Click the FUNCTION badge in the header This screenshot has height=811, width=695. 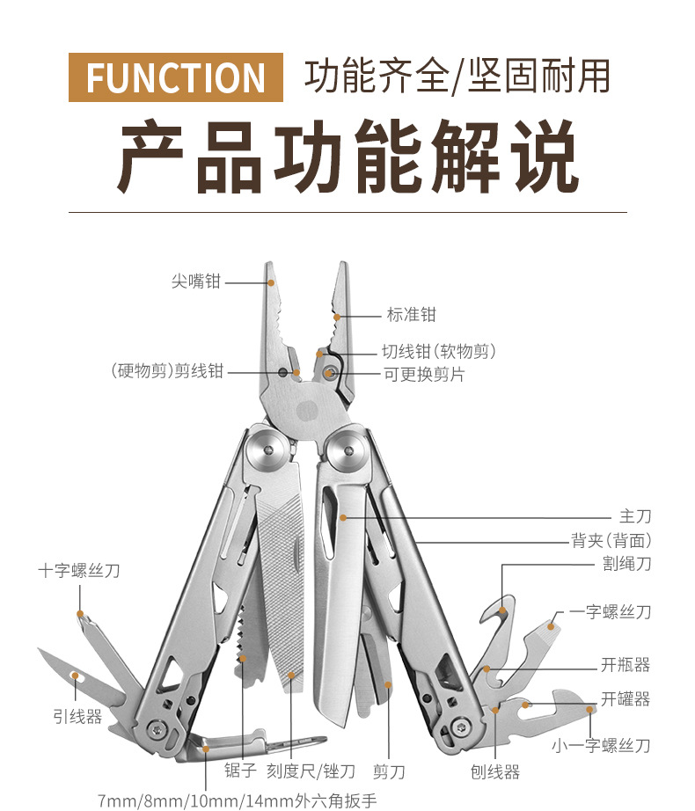(176, 77)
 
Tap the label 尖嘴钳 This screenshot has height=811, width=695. (196, 282)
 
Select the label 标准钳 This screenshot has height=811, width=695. (410, 314)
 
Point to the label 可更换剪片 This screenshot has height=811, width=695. (423, 375)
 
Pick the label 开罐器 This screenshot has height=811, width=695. (625, 699)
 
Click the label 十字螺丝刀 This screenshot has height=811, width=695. (79, 571)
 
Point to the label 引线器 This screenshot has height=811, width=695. (77, 717)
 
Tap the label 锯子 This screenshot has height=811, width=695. (239, 771)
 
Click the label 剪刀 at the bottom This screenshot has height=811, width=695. (389, 771)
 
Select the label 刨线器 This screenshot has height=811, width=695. (495, 771)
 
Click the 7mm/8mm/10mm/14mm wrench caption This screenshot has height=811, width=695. (237, 800)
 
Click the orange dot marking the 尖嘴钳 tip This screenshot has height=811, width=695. (271, 283)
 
